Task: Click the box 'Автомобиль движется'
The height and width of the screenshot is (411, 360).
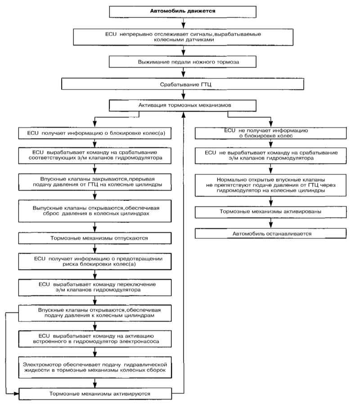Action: (x=183, y=12)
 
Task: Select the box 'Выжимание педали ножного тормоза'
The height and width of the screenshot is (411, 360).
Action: (x=183, y=62)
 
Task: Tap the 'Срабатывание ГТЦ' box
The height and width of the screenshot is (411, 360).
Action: (x=183, y=84)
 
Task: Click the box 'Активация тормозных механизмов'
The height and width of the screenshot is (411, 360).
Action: (x=183, y=105)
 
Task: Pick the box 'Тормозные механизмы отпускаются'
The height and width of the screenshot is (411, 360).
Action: (x=95, y=238)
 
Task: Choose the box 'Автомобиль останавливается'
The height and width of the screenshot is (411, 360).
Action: (x=270, y=233)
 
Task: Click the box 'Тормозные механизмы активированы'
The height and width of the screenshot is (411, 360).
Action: (x=270, y=212)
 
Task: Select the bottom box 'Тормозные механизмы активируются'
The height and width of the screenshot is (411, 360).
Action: (x=95, y=394)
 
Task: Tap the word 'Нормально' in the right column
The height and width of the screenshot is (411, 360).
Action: (x=229, y=180)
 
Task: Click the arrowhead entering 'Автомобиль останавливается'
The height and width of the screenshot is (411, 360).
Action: (x=271, y=225)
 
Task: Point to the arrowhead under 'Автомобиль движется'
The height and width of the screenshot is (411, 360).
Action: (x=184, y=25)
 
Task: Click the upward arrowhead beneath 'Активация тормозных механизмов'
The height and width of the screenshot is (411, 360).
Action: (x=184, y=114)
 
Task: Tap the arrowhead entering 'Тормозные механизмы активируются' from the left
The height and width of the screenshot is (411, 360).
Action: (x=16, y=394)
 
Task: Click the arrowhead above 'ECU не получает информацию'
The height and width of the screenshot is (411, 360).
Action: (x=271, y=124)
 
